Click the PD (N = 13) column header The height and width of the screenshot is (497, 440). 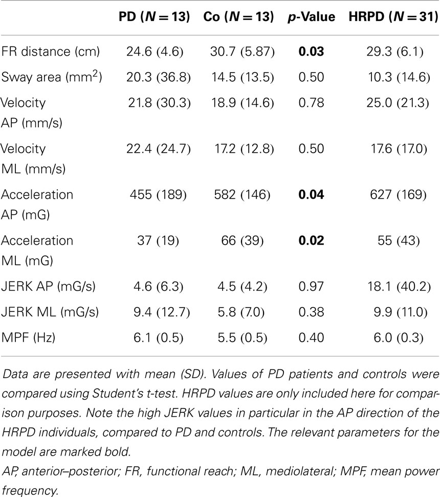pyautogui.click(x=152, y=16)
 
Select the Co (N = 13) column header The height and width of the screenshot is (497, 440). pyautogui.click(x=239, y=16)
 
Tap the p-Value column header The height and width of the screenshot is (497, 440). pyautogui.click(x=311, y=16)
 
